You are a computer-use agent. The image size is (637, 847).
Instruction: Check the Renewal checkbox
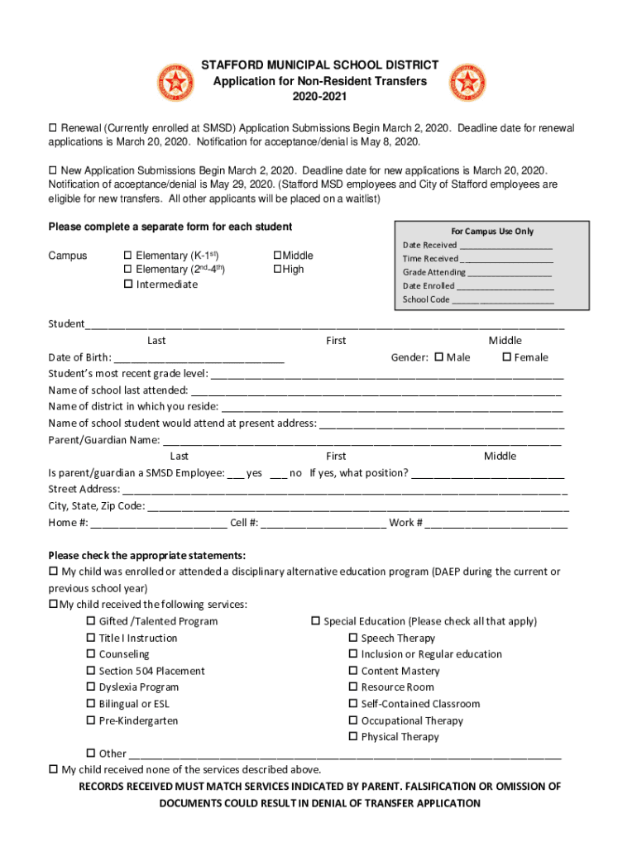point(54,129)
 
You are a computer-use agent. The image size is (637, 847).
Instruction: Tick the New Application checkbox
point(54,170)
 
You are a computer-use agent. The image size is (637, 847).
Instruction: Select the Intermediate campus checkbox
point(128,285)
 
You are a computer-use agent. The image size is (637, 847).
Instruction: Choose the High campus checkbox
point(278,270)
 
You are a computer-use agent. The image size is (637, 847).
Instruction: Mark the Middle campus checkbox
point(278,256)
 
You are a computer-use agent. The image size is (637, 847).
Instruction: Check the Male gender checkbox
point(438,357)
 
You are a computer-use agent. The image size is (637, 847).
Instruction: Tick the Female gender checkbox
point(507,357)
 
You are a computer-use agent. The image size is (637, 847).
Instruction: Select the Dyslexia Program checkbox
point(92,687)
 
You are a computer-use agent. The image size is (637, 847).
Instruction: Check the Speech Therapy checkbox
point(353,639)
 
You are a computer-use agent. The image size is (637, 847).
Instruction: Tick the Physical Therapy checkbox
point(353,737)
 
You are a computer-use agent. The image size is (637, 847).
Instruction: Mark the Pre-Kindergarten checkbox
point(92,720)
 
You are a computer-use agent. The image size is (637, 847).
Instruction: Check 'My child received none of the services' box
point(54,769)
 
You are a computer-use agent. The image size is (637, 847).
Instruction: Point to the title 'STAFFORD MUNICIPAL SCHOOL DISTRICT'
point(321,65)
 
